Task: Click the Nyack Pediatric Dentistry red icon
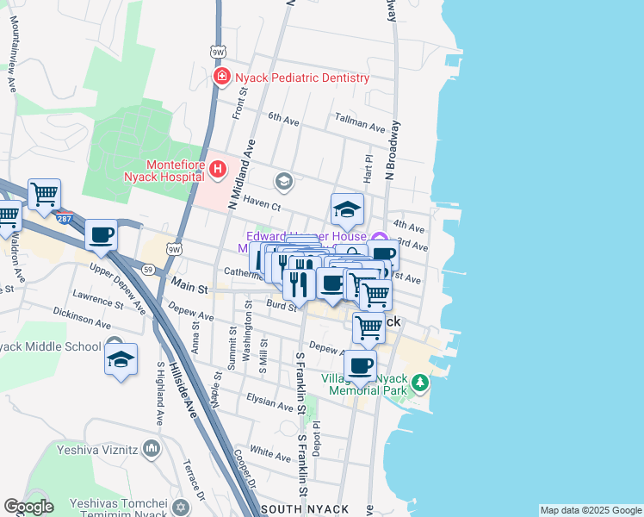(x=222, y=78)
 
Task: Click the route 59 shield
(x=148, y=270)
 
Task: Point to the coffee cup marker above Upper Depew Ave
(x=101, y=235)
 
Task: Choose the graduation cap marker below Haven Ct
(x=347, y=209)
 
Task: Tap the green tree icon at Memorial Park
(x=419, y=381)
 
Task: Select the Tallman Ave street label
(x=360, y=126)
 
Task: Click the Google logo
(x=28, y=507)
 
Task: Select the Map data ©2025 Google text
(x=589, y=510)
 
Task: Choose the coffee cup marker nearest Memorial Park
(x=360, y=365)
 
